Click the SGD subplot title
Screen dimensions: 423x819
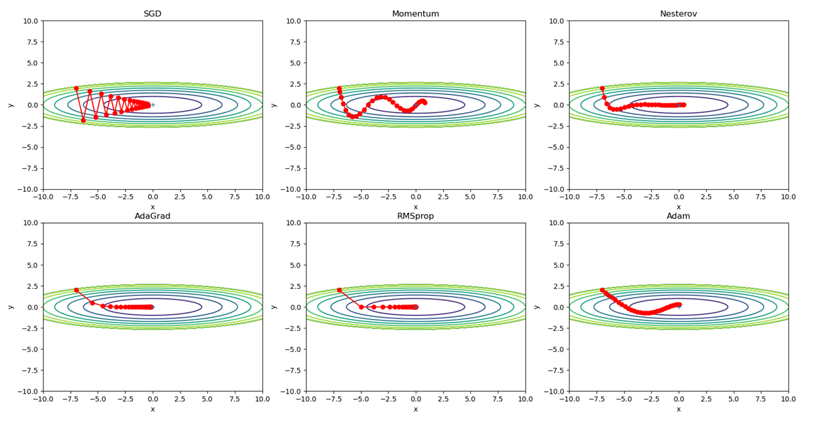click(152, 14)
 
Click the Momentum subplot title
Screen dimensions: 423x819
click(415, 14)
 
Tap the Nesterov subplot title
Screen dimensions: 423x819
click(678, 14)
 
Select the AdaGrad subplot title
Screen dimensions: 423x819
click(152, 216)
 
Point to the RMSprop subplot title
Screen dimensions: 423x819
click(415, 216)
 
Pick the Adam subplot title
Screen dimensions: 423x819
click(678, 216)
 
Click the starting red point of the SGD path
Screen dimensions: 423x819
click(76, 88)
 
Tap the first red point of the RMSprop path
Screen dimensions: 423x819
click(339, 290)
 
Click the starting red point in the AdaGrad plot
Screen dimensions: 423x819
click(76, 290)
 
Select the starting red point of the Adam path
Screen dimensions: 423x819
click(602, 290)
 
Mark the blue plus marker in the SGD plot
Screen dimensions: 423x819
click(152, 105)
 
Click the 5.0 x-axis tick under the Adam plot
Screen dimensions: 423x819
click(733, 399)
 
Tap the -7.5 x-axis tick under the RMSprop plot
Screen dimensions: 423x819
click(333, 399)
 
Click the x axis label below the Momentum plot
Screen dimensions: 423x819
click(415, 207)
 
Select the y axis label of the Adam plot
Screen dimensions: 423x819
click(537, 307)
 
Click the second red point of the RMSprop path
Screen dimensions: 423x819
click(361, 307)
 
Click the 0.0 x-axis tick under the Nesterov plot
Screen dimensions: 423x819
click(678, 197)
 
